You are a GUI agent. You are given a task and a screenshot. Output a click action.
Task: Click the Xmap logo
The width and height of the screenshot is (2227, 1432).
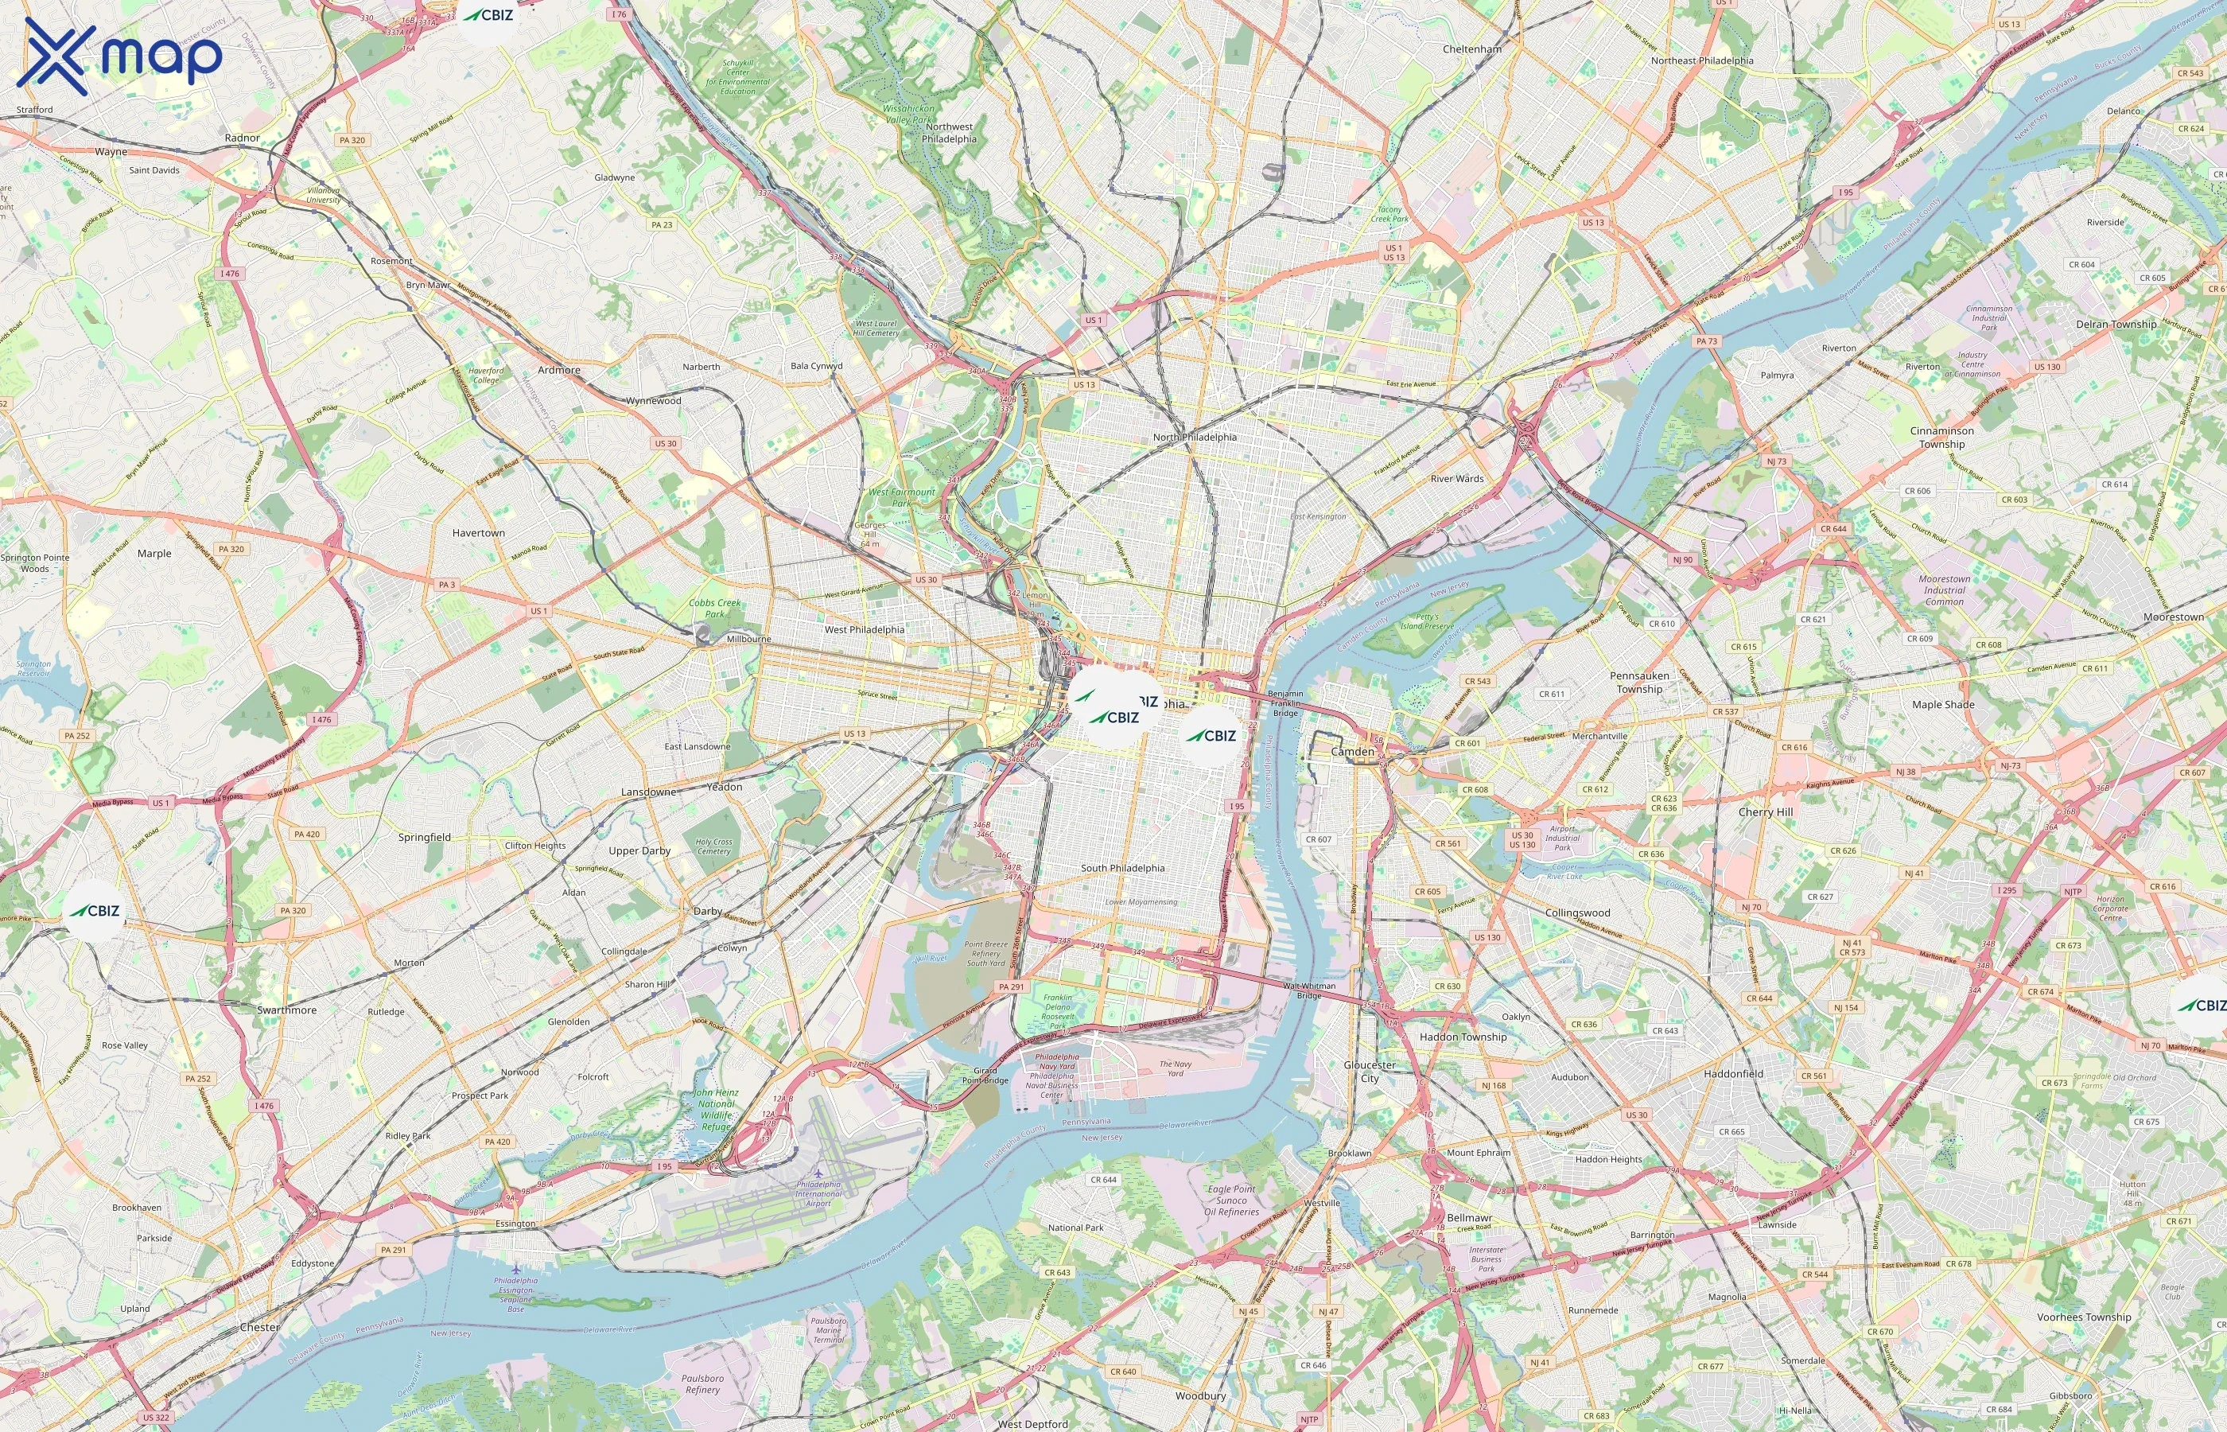tap(119, 56)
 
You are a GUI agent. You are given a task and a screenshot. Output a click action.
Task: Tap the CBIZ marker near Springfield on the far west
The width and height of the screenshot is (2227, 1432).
tap(95, 910)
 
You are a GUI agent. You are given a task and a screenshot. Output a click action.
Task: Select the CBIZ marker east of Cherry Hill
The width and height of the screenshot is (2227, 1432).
tap(2201, 1006)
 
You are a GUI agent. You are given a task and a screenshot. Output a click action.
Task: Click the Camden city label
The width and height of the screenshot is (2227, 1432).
tap(1351, 751)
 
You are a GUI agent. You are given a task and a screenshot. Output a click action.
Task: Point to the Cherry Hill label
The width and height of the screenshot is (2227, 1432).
tap(1765, 811)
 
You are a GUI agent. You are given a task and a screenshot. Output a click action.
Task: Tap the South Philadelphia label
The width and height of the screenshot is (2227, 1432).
tap(1122, 868)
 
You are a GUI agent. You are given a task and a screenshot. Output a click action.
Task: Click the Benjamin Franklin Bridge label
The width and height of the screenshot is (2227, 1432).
tap(1285, 703)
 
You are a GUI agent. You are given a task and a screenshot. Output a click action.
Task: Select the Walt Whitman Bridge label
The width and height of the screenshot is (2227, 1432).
tap(1308, 990)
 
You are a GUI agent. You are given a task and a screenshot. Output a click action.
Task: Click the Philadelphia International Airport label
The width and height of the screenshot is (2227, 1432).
tap(818, 1194)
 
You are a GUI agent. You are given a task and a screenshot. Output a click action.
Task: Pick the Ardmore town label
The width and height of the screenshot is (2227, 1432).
tap(558, 370)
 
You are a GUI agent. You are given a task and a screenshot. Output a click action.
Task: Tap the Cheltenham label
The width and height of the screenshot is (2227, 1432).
tap(1471, 49)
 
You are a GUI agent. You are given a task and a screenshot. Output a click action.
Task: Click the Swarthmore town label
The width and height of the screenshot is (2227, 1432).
tap(286, 1010)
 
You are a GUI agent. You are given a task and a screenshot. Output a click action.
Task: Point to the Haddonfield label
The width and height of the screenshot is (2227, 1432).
tap(1732, 1073)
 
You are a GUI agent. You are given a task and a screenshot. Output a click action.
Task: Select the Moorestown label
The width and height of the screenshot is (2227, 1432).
tap(2173, 617)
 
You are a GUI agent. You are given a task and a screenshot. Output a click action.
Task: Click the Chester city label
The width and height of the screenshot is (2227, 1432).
tap(259, 1327)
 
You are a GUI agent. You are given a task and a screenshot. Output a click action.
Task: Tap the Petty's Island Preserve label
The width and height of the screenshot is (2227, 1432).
tap(1427, 621)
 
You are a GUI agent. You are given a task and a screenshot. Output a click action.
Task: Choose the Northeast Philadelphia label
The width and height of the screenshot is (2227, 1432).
tap(1702, 60)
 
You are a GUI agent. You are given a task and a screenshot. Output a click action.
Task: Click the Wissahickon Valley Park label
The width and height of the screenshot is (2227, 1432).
tap(908, 114)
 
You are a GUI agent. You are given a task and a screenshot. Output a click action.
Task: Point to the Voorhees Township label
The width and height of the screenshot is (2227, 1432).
tap(2083, 1317)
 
